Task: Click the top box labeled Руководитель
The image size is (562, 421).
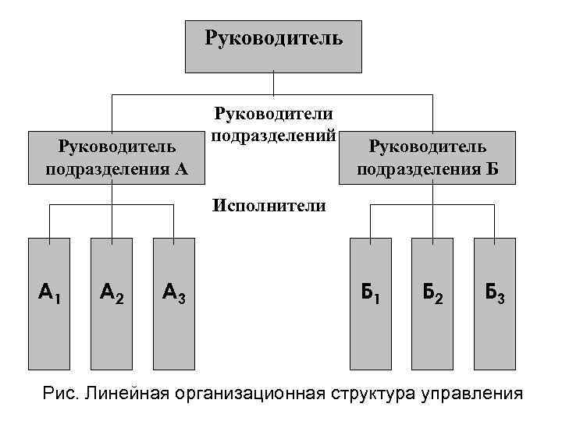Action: pos(273,45)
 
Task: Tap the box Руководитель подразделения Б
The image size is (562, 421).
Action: pos(428,157)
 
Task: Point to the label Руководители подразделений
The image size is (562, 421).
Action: pos(273,125)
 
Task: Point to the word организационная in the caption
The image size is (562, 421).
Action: pos(255,392)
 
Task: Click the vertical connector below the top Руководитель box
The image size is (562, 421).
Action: pos(273,83)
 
